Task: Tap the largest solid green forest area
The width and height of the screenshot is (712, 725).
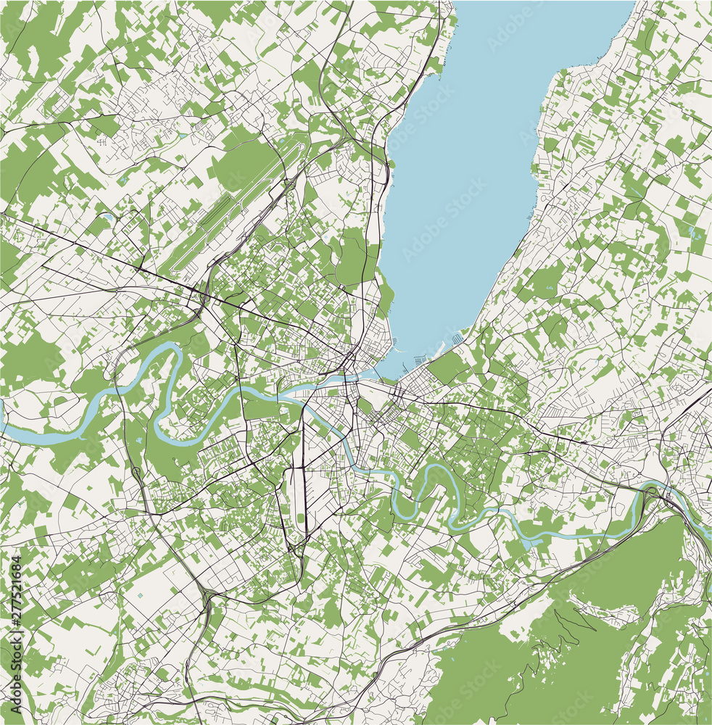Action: tap(580, 638)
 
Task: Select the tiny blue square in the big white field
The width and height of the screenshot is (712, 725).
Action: tap(140, 596)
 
